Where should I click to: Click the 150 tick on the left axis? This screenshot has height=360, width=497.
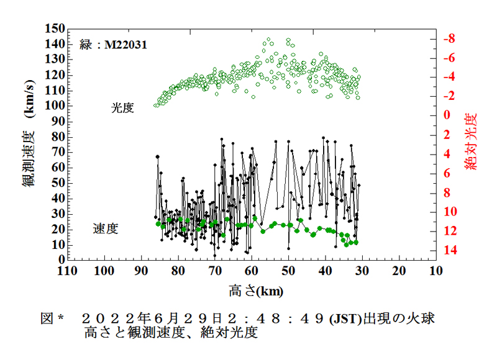point(55,29)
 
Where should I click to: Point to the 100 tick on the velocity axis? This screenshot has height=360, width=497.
point(55,106)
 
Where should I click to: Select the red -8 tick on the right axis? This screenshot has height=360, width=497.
point(449,38)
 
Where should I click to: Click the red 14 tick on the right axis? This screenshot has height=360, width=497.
point(449,250)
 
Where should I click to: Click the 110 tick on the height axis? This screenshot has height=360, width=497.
point(67,271)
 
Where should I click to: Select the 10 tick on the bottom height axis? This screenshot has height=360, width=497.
point(435,271)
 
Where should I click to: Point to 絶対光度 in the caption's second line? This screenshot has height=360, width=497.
point(228,333)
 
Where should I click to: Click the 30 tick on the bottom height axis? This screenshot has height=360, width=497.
point(362,271)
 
